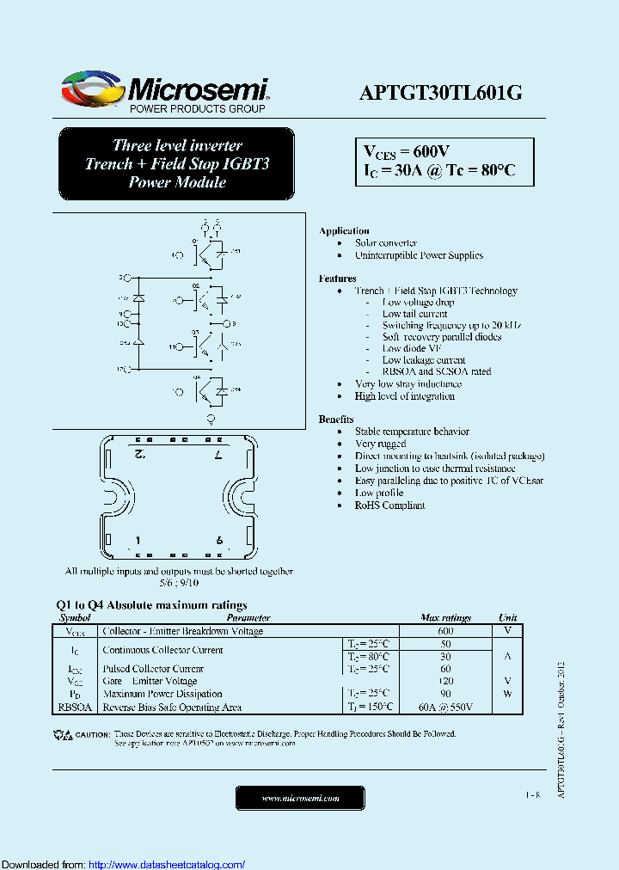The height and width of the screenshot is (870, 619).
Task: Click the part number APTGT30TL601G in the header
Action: [x=440, y=93]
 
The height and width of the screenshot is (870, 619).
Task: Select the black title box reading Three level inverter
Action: [x=176, y=163]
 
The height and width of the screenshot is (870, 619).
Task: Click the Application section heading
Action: [x=344, y=231]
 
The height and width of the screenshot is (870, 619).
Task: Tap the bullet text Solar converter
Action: [x=386, y=243]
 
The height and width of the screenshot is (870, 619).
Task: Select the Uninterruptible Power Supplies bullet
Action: [x=419, y=255]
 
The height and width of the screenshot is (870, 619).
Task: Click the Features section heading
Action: [x=337, y=279]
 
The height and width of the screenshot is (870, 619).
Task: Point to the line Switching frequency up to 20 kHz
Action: [x=451, y=326]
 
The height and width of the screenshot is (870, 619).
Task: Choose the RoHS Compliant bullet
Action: [x=389, y=505]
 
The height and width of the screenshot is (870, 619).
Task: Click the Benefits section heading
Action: [x=335, y=419]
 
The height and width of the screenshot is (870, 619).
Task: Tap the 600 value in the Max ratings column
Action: [x=445, y=631]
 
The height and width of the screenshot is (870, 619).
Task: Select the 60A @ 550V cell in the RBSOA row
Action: [x=445, y=708]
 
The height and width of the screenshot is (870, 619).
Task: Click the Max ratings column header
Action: [x=445, y=618]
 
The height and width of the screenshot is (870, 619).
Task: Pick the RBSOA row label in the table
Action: [x=74, y=708]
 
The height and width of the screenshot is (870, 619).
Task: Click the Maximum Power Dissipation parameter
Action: [x=162, y=694]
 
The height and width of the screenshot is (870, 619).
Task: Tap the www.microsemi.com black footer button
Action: [x=300, y=799]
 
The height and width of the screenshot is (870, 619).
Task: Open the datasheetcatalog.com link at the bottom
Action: [x=167, y=864]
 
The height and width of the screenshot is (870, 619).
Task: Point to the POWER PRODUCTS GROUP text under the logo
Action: [x=197, y=109]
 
